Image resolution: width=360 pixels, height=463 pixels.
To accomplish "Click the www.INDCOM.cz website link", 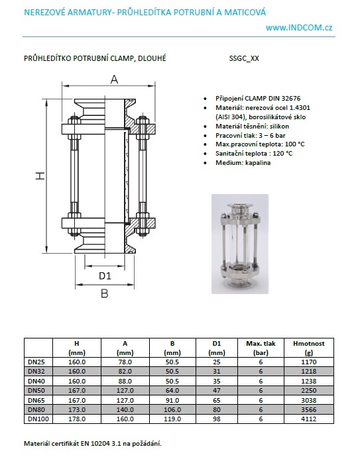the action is (299, 28).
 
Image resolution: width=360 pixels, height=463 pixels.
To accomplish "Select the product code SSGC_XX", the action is (244, 58).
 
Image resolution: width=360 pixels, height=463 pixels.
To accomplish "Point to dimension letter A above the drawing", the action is (114, 79).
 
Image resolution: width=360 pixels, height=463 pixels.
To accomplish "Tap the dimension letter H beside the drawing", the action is (40, 176).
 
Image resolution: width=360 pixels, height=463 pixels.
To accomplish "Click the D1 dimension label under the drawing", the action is (105, 276).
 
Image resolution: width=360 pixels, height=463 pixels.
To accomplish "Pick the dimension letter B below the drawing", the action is (104, 293).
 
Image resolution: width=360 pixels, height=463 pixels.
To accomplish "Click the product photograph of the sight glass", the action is (240, 244).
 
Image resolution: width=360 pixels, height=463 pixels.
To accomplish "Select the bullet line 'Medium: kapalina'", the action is (243, 163).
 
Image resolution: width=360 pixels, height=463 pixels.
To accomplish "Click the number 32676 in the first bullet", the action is (290, 99).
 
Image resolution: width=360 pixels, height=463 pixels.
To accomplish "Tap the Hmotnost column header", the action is (308, 348).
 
